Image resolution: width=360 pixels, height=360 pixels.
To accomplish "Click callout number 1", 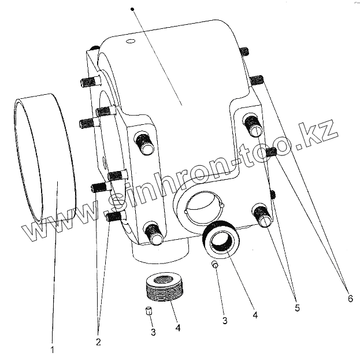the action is point(53,350).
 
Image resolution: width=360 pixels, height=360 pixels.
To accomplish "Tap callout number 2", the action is point(98,341).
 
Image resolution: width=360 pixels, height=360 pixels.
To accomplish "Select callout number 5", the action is point(296,308).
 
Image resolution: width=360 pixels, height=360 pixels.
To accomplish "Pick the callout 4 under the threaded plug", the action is point(178,328).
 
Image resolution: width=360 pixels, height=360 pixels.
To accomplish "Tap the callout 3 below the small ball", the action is point(225,320).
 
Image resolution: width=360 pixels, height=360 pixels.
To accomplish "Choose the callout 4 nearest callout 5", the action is point(254,315).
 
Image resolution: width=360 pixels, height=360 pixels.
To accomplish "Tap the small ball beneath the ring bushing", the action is point(214,265).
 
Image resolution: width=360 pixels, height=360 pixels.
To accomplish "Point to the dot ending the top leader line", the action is point(133,10).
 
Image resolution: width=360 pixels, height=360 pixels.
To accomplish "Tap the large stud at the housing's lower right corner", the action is point(263,216).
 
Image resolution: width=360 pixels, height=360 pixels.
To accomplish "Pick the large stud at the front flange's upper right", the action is point(252,123).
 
